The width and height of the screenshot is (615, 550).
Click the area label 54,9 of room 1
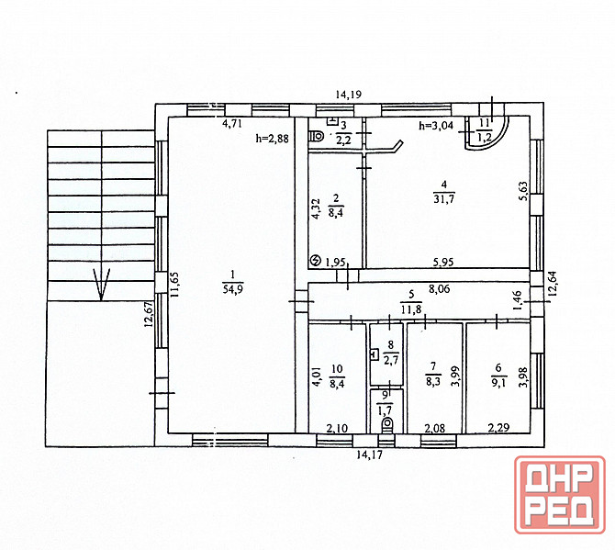(233, 289)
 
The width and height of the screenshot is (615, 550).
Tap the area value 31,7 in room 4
(443, 199)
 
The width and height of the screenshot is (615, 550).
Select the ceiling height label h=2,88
(273, 138)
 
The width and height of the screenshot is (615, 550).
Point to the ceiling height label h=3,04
(436, 126)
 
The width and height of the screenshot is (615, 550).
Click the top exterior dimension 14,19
(349, 95)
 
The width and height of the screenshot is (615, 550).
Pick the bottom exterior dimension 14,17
(369, 455)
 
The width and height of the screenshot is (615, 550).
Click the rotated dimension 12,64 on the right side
(553, 285)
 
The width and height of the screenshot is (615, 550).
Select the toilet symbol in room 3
(316, 137)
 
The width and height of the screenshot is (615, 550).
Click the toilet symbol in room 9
(388, 424)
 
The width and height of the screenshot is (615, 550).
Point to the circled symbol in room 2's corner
(315, 260)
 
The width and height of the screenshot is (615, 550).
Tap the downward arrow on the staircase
(101, 285)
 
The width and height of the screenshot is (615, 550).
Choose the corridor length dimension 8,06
(440, 289)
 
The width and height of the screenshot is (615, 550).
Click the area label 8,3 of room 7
(433, 381)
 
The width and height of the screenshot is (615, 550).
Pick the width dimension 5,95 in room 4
(443, 262)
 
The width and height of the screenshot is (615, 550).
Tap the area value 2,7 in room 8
(391, 360)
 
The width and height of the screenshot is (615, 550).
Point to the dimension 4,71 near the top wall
(232, 124)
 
